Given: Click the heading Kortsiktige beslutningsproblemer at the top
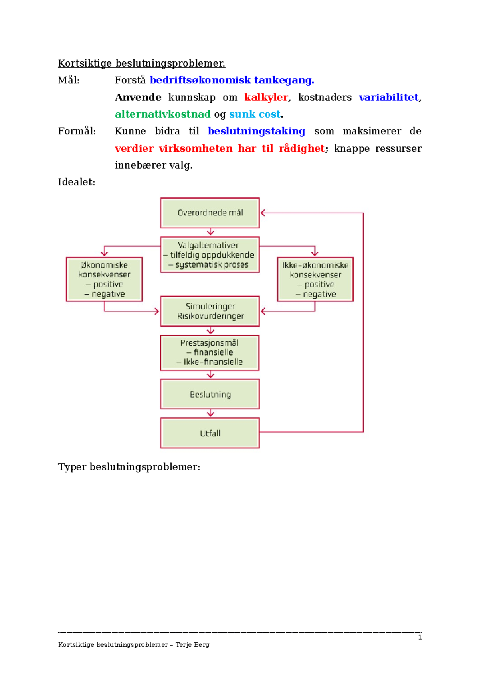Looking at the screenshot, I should pyautogui.click(x=142, y=63).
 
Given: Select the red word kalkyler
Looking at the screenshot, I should pyautogui.click(x=266, y=97).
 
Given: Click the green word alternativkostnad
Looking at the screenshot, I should pyautogui.click(x=162, y=114).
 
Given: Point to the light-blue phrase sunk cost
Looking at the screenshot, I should pyautogui.click(x=255, y=114).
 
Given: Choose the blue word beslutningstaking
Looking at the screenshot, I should pyautogui.click(x=256, y=131).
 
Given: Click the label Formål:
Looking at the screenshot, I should pyautogui.click(x=77, y=131).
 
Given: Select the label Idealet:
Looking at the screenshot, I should pyautogui.click(x=77, y=182).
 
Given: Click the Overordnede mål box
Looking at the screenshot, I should pyautogui.click(x=210, y=213).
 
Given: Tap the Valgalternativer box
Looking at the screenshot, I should pyautogui.click(x=210, y=255).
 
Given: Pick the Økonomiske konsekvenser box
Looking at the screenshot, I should pyautogui.click(x=104, y=279).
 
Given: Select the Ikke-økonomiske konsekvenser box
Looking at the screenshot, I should pyautogui.click(x=315, y=279).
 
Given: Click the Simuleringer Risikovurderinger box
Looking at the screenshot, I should pyautogui.click(x=210, y=311).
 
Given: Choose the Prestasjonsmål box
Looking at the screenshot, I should pyautogui.click(x=210, y=353).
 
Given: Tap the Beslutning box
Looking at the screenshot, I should pyautogui.click(x=210, y=394).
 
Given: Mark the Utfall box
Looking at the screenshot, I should pyautogui.click(x=210, y=433).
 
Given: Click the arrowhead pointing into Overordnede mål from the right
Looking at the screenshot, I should pyautogui.click(x=263, y=213).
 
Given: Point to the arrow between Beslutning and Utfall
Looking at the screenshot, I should pyautogui.click(x=210, y=413).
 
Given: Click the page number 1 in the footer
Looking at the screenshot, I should pyautogui.click(x=420, y=637).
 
